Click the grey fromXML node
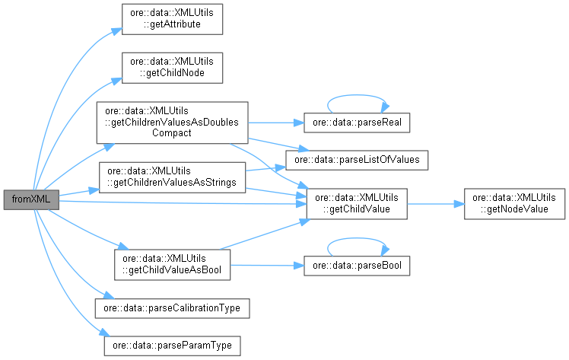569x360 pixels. coord(30,199)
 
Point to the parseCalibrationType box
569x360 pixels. coord(172,308)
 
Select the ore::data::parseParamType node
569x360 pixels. coord(172,345)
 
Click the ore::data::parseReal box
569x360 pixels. coord(357,122)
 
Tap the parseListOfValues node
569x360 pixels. coord(357,159)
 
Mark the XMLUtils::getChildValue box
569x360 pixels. coord(357,203)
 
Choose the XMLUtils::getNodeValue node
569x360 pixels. coord(509,203)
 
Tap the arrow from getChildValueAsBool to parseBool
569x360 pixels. coord(267,265)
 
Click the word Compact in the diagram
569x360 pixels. coord(172,132)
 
